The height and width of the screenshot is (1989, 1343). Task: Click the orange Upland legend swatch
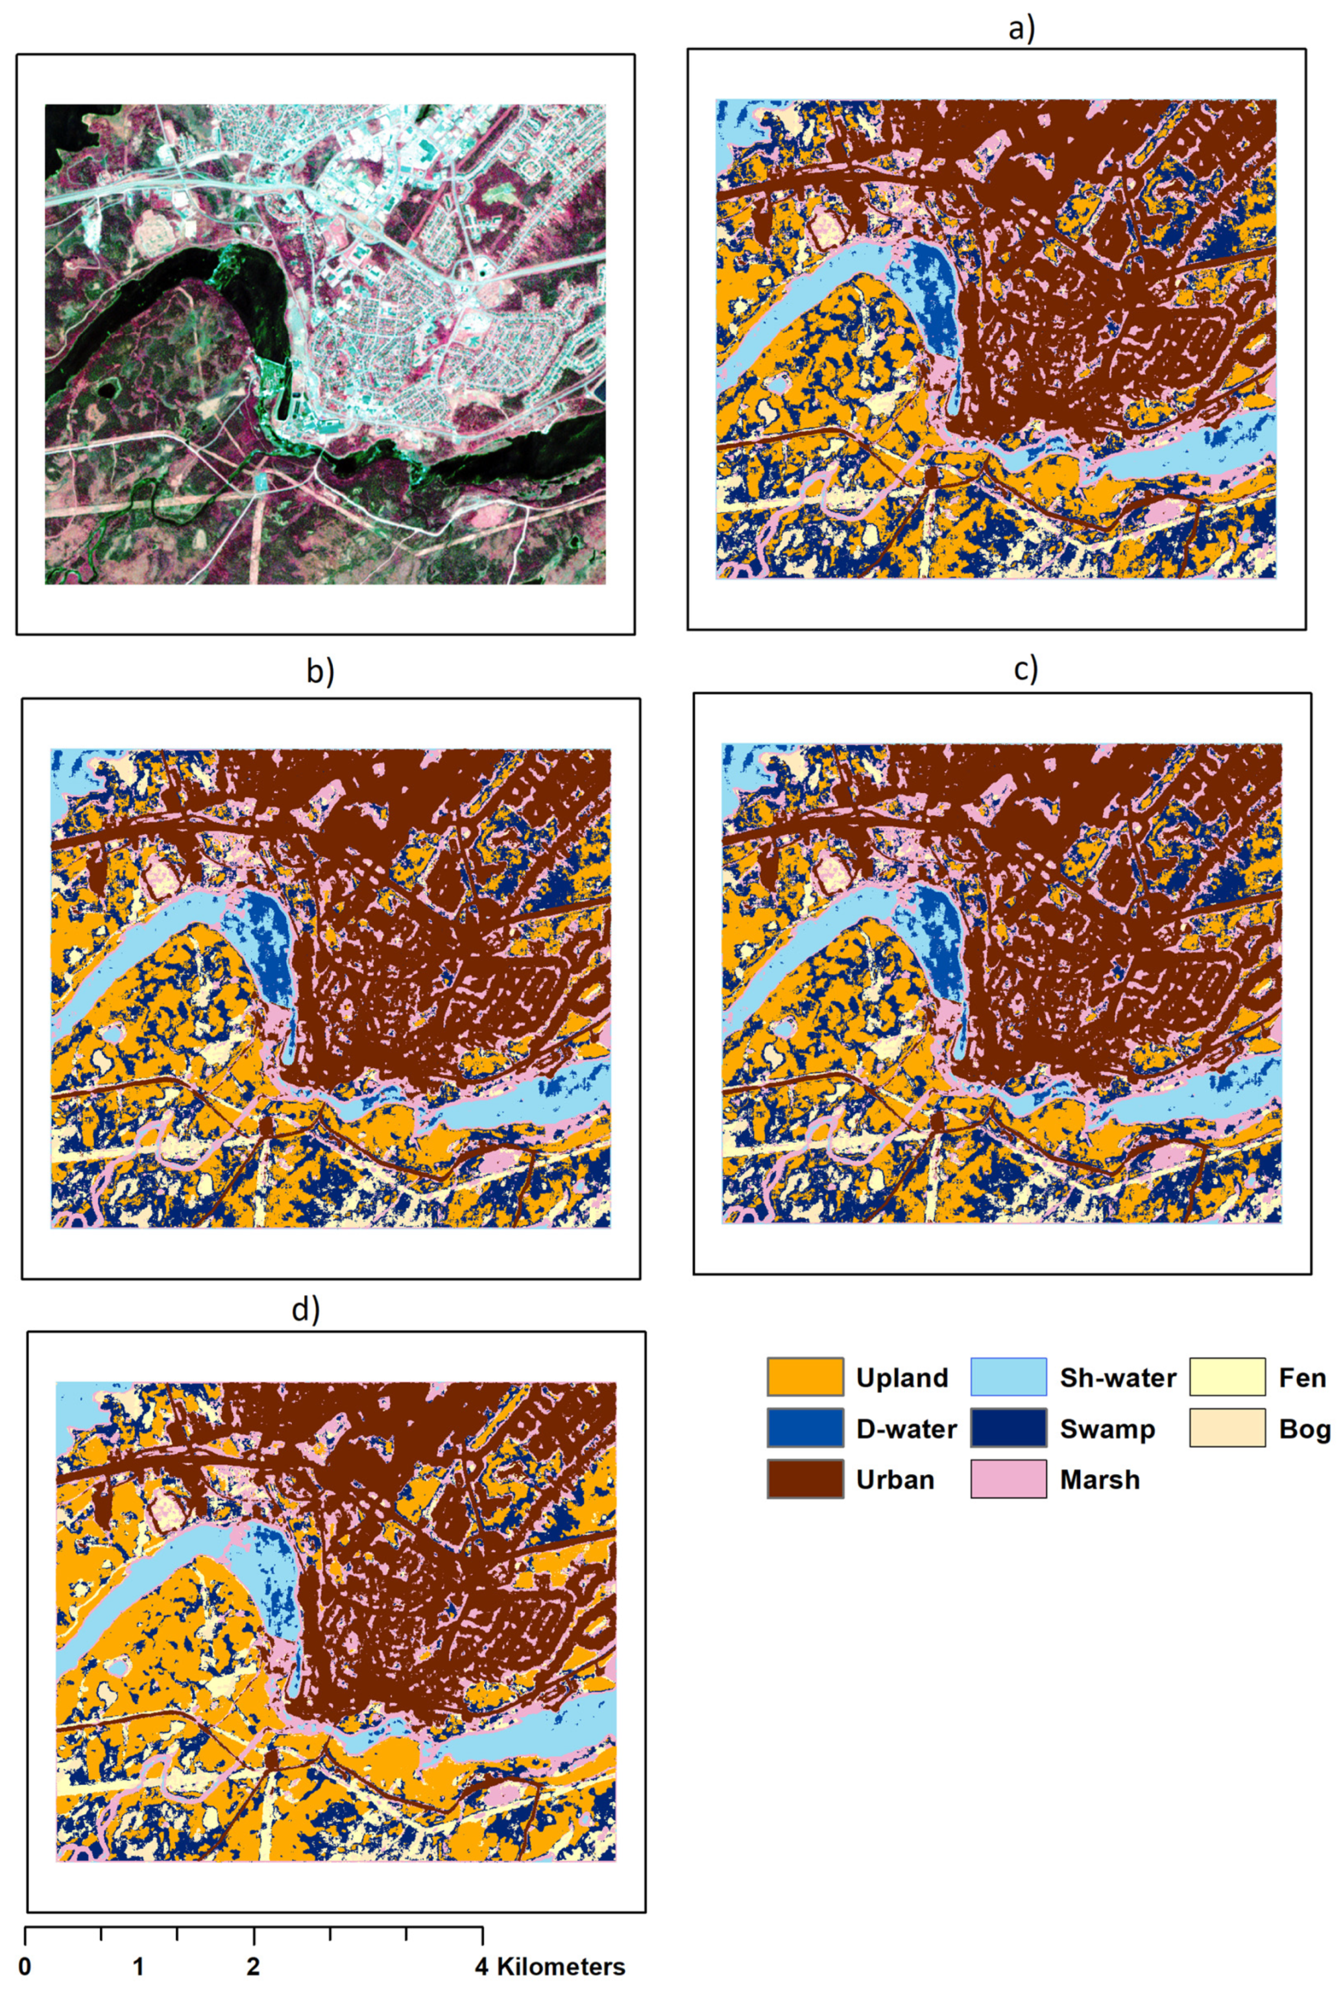pyautogui.click(x=804, y=1377)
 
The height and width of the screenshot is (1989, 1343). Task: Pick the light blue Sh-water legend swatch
pyautogui.click(x=1008, y=1377)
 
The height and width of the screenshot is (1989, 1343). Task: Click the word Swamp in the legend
pyautogui.click(x=1107, y=1429)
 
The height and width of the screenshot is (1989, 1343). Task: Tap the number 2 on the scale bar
pyautogui.click(x=254, y=1968)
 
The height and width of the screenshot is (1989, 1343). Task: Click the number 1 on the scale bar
pyautogui.click(x=139, y=1968)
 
